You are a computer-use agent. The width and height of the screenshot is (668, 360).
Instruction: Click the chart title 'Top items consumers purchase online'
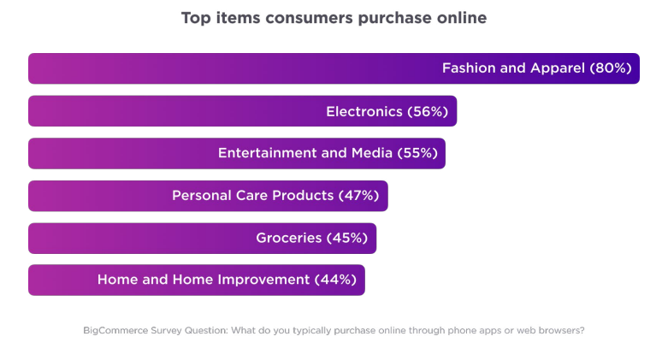[334, 18]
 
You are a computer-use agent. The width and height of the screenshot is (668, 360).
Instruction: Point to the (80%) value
[611, 68]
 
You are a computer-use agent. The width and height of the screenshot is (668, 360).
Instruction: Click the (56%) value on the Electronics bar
[428, 111]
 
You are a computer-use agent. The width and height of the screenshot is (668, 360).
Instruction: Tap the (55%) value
[417, 153]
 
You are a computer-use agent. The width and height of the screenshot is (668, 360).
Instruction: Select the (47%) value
[359, 196]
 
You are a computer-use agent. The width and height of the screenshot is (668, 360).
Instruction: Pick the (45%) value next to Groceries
[348, 238]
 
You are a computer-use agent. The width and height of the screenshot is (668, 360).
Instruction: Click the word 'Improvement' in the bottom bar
[264, 280]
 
